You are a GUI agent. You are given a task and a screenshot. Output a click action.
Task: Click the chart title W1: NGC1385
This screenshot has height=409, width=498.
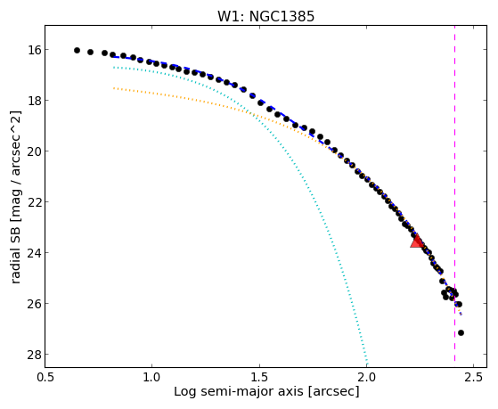point(265,16)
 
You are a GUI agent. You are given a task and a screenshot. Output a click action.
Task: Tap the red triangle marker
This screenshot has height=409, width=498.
point(417,241)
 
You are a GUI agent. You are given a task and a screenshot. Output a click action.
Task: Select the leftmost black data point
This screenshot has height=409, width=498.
point(77,50)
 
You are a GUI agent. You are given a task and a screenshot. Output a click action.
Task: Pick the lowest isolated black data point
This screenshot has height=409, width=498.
point(461,332)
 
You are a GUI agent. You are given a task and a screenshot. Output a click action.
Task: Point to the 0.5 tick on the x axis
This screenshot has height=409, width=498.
point(45,377)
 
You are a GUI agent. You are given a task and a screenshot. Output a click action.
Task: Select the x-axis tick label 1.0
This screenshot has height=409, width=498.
point(152,377)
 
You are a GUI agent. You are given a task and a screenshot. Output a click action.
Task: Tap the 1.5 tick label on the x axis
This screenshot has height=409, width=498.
point(259,377)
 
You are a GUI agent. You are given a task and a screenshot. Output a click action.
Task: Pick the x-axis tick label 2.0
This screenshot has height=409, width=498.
point(366,377)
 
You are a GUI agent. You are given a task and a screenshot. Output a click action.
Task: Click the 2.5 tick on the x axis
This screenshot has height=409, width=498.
point(474,377)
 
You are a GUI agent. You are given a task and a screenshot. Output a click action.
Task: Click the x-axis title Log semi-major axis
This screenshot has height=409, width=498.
point(239,392)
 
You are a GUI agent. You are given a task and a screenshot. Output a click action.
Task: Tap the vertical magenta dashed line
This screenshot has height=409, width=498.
point(455,193)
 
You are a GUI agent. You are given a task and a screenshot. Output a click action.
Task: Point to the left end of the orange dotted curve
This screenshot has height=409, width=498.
point(114,88)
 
